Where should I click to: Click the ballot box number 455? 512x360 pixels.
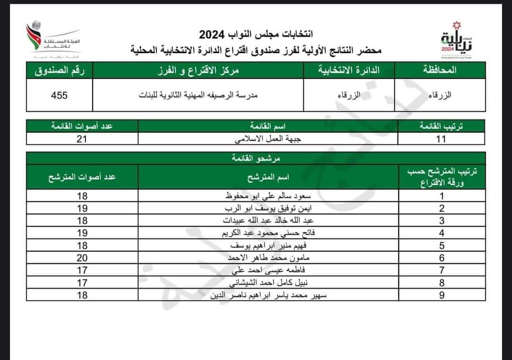59,95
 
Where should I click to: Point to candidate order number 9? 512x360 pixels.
441,295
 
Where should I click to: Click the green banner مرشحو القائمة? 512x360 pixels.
256,158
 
